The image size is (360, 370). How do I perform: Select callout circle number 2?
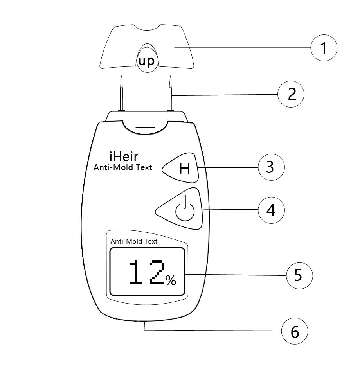click(291, 95)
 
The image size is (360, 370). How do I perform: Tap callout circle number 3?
click(271, 167)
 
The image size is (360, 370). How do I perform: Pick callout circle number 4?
click(271, 210)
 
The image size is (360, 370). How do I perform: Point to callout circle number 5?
click(299, 275)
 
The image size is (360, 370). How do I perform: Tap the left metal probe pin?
click(122, 94)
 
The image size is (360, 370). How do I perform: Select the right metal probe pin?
click(170, 94)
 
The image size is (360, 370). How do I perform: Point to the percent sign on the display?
click(171, 280)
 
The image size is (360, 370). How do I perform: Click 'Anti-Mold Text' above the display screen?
click(134, 241)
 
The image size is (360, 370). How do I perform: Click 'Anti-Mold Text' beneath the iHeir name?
click(122, 168)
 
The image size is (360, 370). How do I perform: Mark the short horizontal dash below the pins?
click(146, 128)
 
